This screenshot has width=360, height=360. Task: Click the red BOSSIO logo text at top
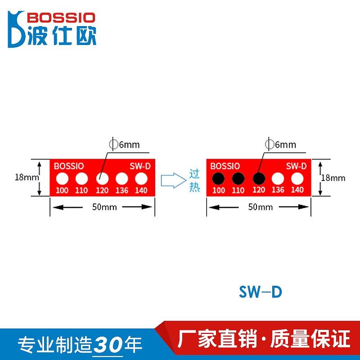pos(61,18)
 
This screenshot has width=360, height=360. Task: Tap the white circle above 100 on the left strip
pos(62,179)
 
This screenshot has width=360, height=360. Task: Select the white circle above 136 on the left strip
pos(121,179)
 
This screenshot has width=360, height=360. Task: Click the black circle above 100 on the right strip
pos(218,179)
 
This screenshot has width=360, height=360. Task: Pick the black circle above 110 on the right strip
pos(238,179)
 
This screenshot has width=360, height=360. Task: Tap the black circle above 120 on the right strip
pos(258,179)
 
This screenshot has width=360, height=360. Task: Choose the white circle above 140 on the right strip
pos(297,179)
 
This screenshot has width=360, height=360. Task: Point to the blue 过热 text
pos(194,180)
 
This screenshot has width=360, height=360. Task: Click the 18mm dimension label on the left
pos(26,177)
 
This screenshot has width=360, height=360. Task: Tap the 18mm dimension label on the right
pos(333,178)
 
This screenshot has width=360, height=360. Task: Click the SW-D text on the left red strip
pos(140,166)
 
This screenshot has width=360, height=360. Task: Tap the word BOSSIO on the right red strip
pos(225,166)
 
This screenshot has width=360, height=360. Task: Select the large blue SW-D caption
pos(261,292)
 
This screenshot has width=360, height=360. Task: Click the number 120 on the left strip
pos(102,190)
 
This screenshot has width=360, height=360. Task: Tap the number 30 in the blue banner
pos(110,344)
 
